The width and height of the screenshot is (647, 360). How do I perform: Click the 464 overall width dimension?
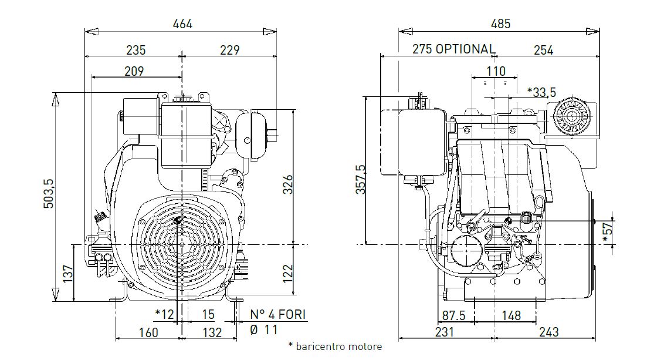pos(182,24)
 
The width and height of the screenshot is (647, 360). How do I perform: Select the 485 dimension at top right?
pos(500,23)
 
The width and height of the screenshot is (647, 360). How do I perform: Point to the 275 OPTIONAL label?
pos(453,49)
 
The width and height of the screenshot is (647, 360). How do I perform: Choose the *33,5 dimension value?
pos(541,92)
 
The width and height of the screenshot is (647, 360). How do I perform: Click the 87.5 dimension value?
pos(453,316)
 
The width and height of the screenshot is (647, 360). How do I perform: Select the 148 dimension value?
pos(511,316)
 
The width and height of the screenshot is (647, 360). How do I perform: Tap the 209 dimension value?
pos(134,71)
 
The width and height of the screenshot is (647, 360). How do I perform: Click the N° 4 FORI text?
pos(278,315)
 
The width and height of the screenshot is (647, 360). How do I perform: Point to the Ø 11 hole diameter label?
pos(264,329)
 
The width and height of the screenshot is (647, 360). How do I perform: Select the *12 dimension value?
pos(164,315)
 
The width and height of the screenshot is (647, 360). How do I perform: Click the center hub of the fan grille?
pos(178,221)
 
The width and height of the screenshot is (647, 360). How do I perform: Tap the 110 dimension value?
pos(496,71)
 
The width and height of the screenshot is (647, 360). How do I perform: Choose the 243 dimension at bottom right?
pos(548,332)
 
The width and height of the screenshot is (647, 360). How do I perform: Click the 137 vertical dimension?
pos(68,273)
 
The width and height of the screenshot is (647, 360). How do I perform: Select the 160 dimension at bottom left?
pos(149,332)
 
